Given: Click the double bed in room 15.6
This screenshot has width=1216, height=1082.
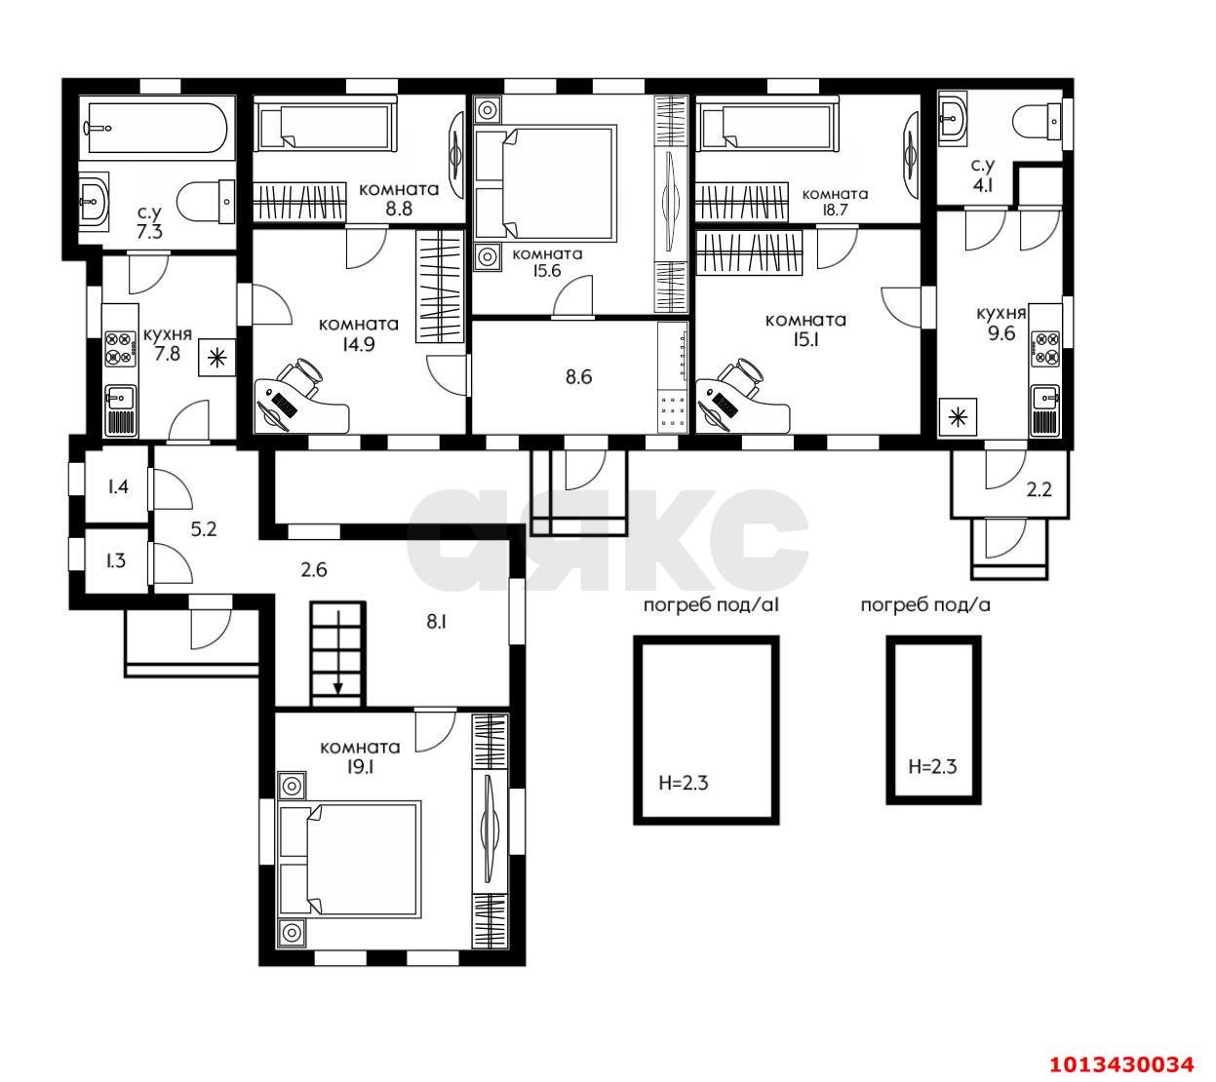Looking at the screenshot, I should pyautogui.click(x=546, y=182).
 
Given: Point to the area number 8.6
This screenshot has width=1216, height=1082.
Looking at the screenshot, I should pyautogui.click(x=578, y=376).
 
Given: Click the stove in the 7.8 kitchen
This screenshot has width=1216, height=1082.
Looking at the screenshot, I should pyautogui.click(x=120, y=349).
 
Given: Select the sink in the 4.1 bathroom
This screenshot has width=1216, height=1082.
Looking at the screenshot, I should pyautogui.click(x=954, y=120).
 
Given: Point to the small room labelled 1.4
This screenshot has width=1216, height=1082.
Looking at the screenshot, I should pyautogui.click(x=118, y=486).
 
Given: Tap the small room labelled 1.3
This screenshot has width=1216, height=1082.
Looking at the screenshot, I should pyautogui.click(x=115, y=560).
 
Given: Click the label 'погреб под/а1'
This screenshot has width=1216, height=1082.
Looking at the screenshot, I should pyautogui.click(x=710, y=605).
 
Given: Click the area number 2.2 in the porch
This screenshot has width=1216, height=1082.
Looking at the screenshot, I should pyautogui.click(x=1039, y=490).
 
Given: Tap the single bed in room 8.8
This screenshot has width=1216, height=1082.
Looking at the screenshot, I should pyautogui.click(x=325, y=128).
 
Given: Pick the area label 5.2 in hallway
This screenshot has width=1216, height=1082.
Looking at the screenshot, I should pyautogui.click(x=203, y=529).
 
